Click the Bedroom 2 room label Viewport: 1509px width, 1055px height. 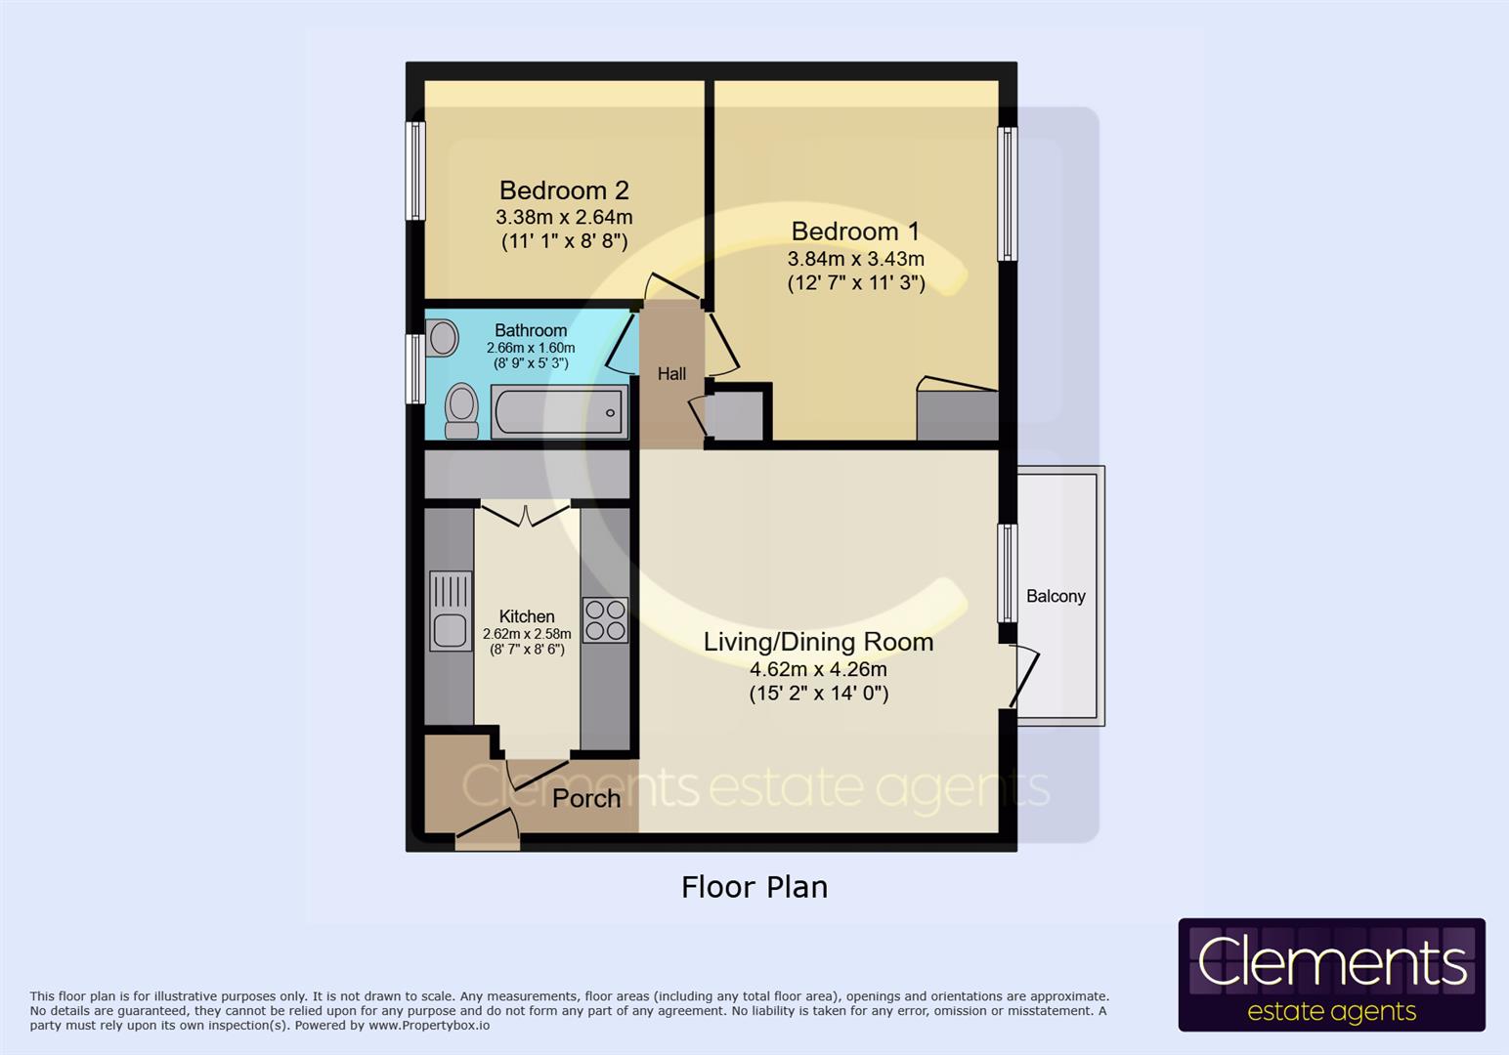[x=564, y=190]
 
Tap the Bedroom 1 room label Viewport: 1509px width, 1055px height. [x=855, y=232]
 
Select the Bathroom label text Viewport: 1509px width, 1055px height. [x=531, y=330]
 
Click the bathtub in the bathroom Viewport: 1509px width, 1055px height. [x=559, y=412]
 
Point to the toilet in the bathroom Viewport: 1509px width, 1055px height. [x=461, y=411]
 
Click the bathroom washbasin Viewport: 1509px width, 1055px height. [x=443, y=340]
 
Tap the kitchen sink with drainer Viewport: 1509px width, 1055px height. [x=451, y=612]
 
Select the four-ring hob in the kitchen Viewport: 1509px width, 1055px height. [x=605, y=619]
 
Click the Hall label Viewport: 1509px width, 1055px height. [x=671, y=373]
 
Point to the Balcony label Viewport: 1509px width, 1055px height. [x=1056, y=596]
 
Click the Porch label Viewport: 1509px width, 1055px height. [x=586, y=798]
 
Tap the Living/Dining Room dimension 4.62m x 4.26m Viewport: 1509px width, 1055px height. [x=818, y=669]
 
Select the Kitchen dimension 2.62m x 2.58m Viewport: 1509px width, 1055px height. [x=527, y=634]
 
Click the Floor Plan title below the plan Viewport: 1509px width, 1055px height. [x=754, y=887]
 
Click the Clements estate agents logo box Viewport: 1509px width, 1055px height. [x=1331, y=975]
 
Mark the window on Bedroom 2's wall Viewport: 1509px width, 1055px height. [x=415, y=171]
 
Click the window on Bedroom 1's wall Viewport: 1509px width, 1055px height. [x=1007, y=193]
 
